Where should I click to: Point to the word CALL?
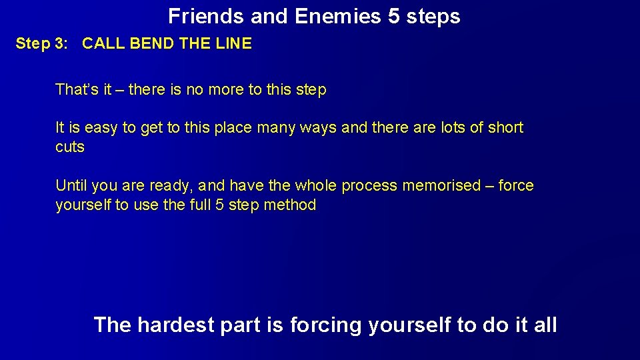pyautogui.click(x=103, y=44)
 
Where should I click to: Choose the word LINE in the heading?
pyautogui.click(x=234, y=44)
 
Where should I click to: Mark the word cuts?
pyautogui.click(x=70, y=147)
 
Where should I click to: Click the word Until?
pyautogui.click(x=71, y=185)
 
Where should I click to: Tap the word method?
pyautogui.click(x=290, y=205)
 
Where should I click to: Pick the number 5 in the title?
pyautogui.click(x=394, y=16)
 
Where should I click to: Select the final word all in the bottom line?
pyautogui.click(x=544, y=325)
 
